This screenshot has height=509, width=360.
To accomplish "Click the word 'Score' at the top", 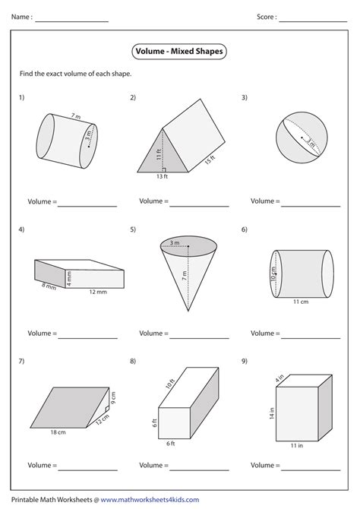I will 266,16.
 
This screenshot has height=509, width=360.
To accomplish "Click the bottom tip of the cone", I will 188,311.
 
